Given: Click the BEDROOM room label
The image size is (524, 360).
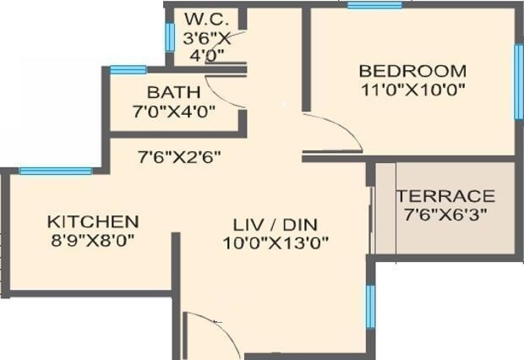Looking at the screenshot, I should [412, 70].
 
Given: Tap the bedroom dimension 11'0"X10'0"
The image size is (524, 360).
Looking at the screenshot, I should [412, 88].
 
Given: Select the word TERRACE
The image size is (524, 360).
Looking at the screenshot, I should [445, 196].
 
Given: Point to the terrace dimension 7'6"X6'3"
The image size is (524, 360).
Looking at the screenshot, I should [445, 213].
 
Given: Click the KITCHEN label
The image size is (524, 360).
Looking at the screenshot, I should [92, 221].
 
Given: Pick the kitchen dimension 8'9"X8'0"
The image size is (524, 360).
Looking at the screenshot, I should [92, 239].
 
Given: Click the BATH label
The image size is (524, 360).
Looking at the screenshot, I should [174, 91].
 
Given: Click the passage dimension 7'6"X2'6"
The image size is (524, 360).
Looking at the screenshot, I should [180, 155].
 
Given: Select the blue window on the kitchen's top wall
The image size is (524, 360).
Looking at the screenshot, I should [56, 171].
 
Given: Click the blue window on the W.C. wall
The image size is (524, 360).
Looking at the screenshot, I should [170, 35].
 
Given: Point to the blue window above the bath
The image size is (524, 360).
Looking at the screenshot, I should [128, 69].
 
